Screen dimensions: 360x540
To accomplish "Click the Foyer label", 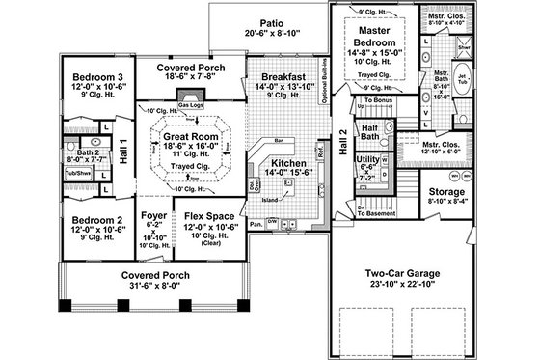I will pos(152,206).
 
